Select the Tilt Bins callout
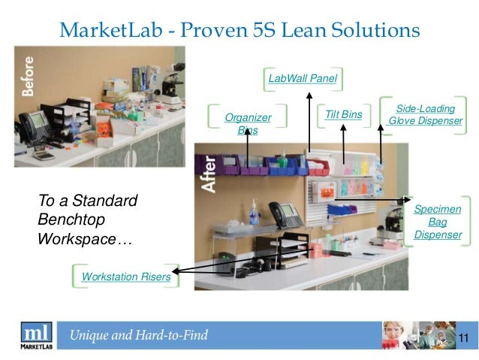point(344,114)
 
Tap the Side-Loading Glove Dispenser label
point(425,115)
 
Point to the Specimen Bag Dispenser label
point(437,222)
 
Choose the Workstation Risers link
point(125,277)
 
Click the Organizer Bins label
point(248,124)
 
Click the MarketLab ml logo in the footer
point(36,334)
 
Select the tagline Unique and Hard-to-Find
point(139,335)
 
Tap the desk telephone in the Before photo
point(34,122)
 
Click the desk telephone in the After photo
point(282,212)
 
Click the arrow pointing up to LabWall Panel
point(309,120)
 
